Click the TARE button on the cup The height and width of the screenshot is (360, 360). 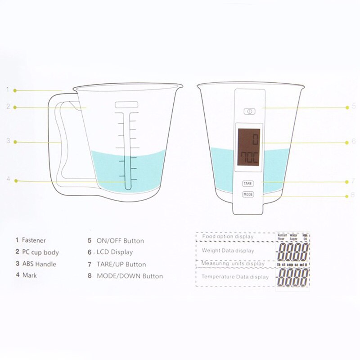point(248,184)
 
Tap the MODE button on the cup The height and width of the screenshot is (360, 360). point(248,194)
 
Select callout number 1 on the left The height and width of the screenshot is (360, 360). point(8,90)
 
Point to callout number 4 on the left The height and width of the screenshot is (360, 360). point(8,179)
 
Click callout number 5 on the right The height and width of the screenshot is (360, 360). point(354,107)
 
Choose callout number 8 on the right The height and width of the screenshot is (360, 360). point(354,196)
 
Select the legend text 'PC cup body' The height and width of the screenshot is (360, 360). point(40,252)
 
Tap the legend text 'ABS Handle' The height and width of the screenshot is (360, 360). point(39,264)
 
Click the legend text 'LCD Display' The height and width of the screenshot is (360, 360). point(115,252)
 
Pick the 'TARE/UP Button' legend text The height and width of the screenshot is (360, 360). point(121,264)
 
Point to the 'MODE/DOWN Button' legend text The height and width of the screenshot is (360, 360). point(130,276)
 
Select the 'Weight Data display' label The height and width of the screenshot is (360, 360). point(228,250)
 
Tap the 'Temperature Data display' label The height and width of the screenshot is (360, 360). point(234,277)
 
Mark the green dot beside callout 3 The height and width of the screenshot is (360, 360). point(15,142)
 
